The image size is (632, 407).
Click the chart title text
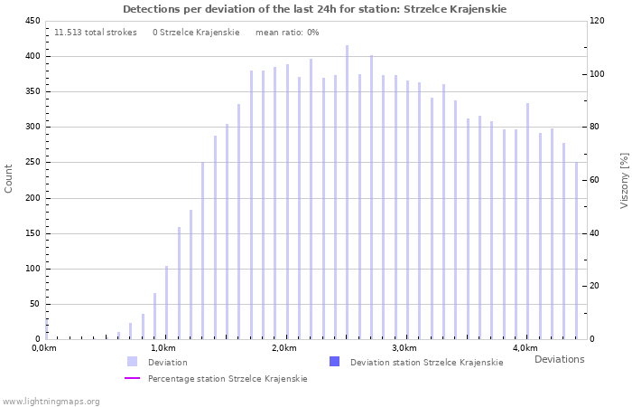pyautogui.click(x=314, y=9)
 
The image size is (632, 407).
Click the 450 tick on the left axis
pyautogui.click(x=32, y=21)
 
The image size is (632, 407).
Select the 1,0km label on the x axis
pyautogui.click(x=163, y=348)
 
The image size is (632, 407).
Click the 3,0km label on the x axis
pyautogui.click(x=404, y=348)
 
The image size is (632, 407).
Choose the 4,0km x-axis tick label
pyautogui.click(x=525, y=348)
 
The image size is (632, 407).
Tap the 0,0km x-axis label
pyautogui.click(x=44, y=348)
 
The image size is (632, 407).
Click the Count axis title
pyautogui.click(x=9, y=178)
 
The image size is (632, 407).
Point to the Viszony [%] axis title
pyautogui.click(x=624, y=180)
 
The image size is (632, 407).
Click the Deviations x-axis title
pyautogui.click(x=559, y=359)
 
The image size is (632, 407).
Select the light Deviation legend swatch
pyautogui.click(x=133, y=362)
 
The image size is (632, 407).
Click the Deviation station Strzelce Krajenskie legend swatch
pyautogui.click(x=335, y=362)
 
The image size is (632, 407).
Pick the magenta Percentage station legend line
pyautogui.click(x=133, y=378)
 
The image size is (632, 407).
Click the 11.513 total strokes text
pyautogui.click(x=96, y=33)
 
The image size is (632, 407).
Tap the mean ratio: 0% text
pyautogui.click(x=287, y=33)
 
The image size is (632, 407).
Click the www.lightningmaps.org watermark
pyautogui.click(x=51, y=401)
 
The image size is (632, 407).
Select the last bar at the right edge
pyautogui.click(x=576, y=251)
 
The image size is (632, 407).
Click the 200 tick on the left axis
pyautogui.click(x=32, y=198)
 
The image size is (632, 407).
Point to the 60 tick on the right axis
pyautogui.click(x=596, y=180)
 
